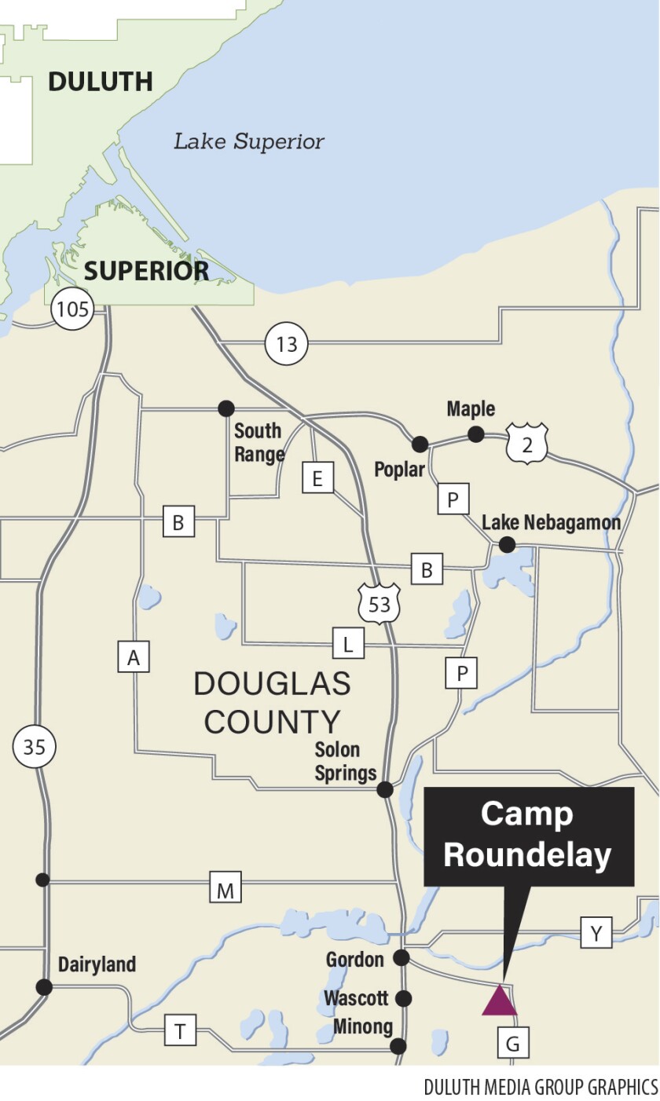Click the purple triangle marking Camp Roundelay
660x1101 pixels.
pyautogui.click(x=499, y=1002)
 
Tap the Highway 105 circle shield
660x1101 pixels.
pyautogui.click(x=72, y=309)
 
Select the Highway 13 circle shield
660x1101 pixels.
pyautogui.click(x=287, y=344)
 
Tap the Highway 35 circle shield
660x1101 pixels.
pyautogui.click(x=35, y=746)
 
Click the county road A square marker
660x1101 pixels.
pyautogui.click(x=134, y=656)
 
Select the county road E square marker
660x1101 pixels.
pyautogui.click(x=317, y=478)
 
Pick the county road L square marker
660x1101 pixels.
pyautogui.click(x=348, y=645)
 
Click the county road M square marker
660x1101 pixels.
pyautogui.click(x=225, y=890)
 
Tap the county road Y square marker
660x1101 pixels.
pyautogui.click(x=596, y=932)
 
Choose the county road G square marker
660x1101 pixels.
pyautogui.click(x=513, y=1043)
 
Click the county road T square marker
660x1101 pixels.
pyautogui.click(x=180, y=1030)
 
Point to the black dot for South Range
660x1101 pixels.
pyautogui.click(x=226, y=408)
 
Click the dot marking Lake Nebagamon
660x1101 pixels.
pyautogui.click(x=508, y=543)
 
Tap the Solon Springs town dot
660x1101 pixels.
pyautogui.click(x=385, y=789)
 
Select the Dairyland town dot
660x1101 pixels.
pyautogui.click(x=44, y=986)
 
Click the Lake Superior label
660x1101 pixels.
pyautogui.click(x=248, y=142)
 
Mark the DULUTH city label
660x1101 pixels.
pyautogui.click(x=100, y=81)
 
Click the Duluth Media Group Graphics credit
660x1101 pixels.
pyautogui.click(x=541, y=1087)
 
